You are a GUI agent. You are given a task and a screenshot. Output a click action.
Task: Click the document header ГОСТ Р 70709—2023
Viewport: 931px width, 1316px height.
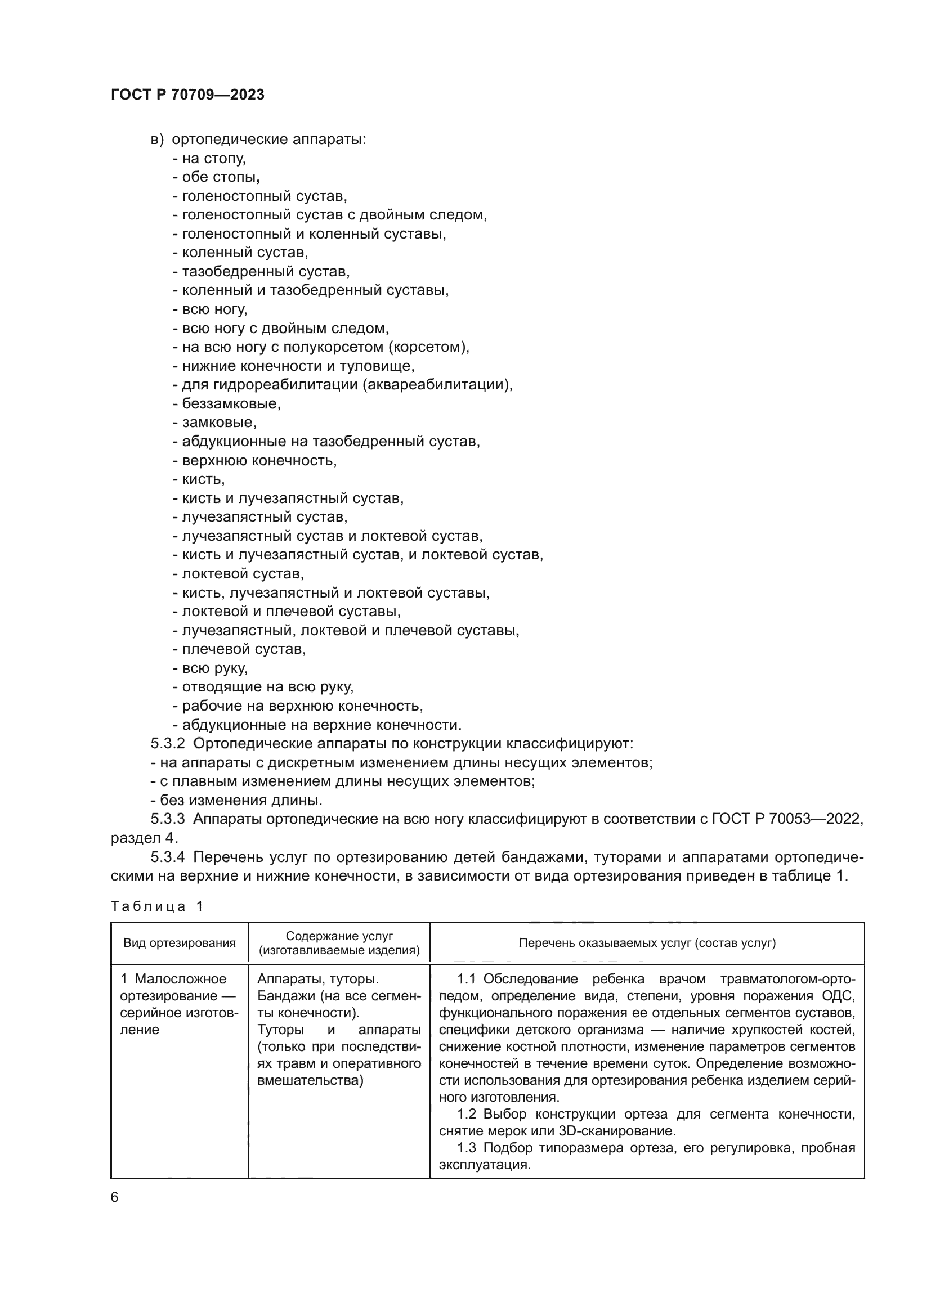click(x=187, y=95)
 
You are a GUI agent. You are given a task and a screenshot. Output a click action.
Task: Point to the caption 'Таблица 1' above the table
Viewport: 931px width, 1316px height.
click(x=157, y=906)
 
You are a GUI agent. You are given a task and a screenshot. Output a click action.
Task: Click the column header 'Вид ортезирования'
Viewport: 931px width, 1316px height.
click(x=180, y=943)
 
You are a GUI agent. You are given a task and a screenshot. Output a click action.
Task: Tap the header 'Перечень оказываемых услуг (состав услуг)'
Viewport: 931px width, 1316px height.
click(x=647, y=943)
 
